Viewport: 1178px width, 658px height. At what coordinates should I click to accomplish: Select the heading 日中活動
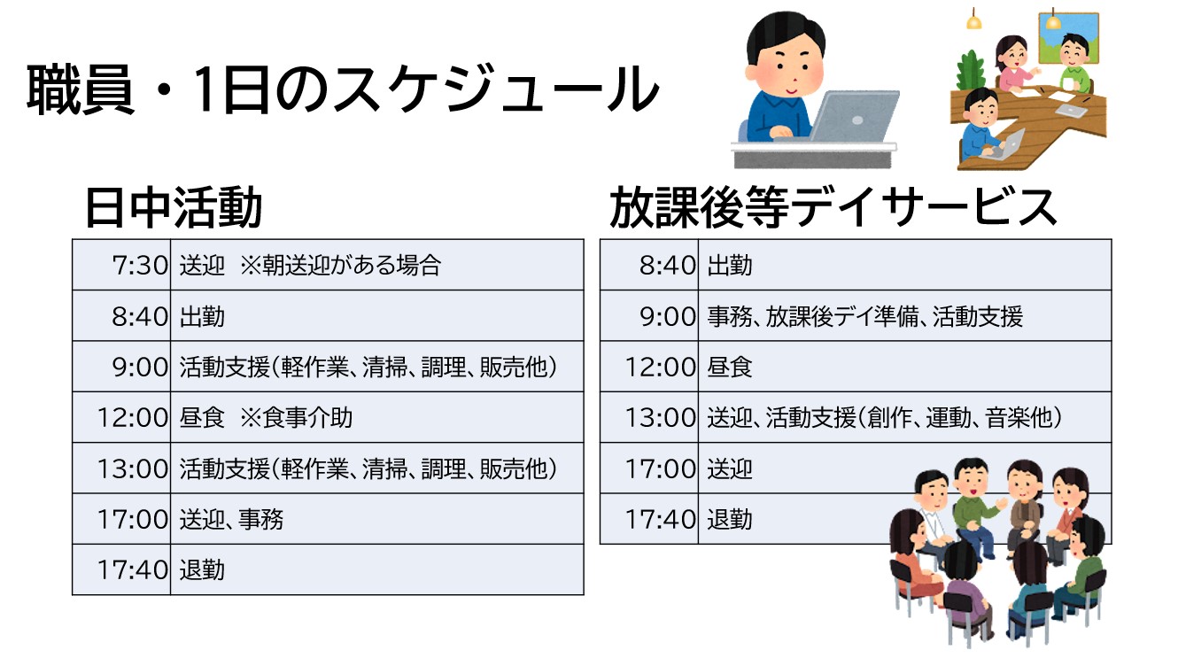pyautogui.click(x=174, y=207)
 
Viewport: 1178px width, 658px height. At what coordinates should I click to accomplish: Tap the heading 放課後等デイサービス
pyautogui.click(x=833, y=207)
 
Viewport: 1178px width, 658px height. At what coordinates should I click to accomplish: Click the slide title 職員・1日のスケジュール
pyautogui.click(x=343, y=89)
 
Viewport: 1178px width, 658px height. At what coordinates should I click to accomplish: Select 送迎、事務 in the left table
pyautogui.click(x=231, y=520)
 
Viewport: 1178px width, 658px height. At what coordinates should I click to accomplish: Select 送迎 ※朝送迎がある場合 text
pyautogui.click(x=310, y=265)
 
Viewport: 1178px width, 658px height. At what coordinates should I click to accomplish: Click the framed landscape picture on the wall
pyautogui.click(x=1068, y=38)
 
